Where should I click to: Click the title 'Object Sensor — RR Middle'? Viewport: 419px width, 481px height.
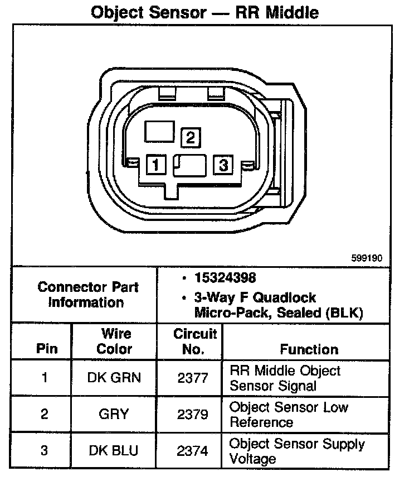pyautogui.click(x=204, y=12)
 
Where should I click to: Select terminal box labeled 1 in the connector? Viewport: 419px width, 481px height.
pyautogui.click(x=156, y=165)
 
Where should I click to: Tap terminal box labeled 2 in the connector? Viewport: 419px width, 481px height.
pyautogui.click(x=190, y=137)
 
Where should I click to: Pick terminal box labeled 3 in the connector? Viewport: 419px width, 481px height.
pyautogui.click(x=223, y=165)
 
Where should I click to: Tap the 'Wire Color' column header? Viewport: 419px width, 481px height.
pyautogui.click(x=114, y=341)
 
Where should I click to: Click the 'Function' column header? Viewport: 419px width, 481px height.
pyautogui.click(x=309, y=349)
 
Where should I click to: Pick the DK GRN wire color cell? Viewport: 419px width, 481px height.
pyautogui.click(x=114, y=378)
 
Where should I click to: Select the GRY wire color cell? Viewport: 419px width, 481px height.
pyautogui.click(x=114, y=414)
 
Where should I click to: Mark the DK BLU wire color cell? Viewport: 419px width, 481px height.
pyautogui.click(x=114, y=451)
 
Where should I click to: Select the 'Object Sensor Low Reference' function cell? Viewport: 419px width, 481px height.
pyautogui.click(x=289, y=414)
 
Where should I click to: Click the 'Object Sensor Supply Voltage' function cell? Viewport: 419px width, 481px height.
pyautogui.click(x=297, y=451)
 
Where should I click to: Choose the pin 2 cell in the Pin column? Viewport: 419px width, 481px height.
pyautogui.click(x=44, y=414)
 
